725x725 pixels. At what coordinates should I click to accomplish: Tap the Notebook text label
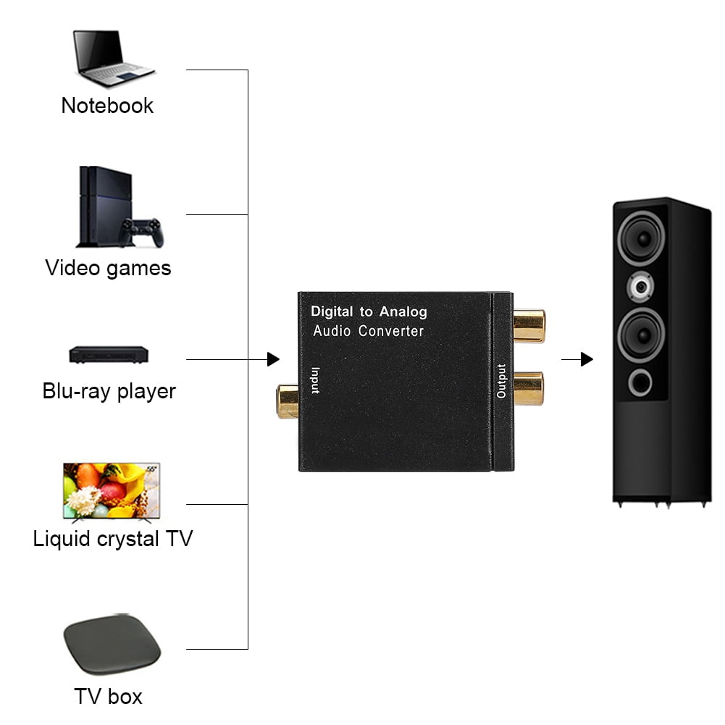point(107,106)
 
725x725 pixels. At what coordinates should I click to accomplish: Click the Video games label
point(108,268)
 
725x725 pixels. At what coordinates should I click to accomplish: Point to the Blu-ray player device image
point(108,355)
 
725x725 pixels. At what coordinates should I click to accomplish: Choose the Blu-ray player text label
point(109,392)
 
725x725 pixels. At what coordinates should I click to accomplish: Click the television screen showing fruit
point(112,490)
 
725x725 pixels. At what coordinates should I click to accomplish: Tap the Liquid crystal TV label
point(113,540)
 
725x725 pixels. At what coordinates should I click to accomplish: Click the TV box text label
point(108,697)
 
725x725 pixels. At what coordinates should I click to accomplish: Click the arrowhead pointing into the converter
point(273,359)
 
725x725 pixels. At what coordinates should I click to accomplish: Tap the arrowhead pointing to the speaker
point(587,359)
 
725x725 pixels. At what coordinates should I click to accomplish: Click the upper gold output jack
point(529,326)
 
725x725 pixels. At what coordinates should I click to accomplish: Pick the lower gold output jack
point(529,388)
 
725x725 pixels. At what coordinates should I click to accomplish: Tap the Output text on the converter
point(501,380)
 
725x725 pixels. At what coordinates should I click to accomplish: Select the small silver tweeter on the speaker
point(640,288)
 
